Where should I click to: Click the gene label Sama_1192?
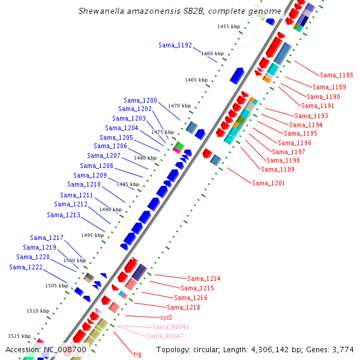(x=175, y=45)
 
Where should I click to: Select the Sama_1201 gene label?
(x=268, y=183)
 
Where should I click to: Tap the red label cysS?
(x=166, y=317)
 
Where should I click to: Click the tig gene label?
(x=137, y=354)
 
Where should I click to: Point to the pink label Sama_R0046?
(x=171, y=327)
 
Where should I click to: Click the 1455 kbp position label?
(x=229, y=26)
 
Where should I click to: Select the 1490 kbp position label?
(x=110, y=209)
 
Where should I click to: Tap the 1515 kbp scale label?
(x=19, y=336)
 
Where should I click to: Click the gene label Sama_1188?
(x=337, y=75)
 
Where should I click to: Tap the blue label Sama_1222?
(x=26, y=267)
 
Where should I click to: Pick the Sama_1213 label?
(x=64, y=215)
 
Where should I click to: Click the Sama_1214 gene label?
(x=204, y=278)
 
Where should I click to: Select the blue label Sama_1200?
(x=140, y=100)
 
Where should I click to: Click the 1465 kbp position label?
(x=196, y=80)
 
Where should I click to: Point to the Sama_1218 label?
(x=184, y=307)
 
